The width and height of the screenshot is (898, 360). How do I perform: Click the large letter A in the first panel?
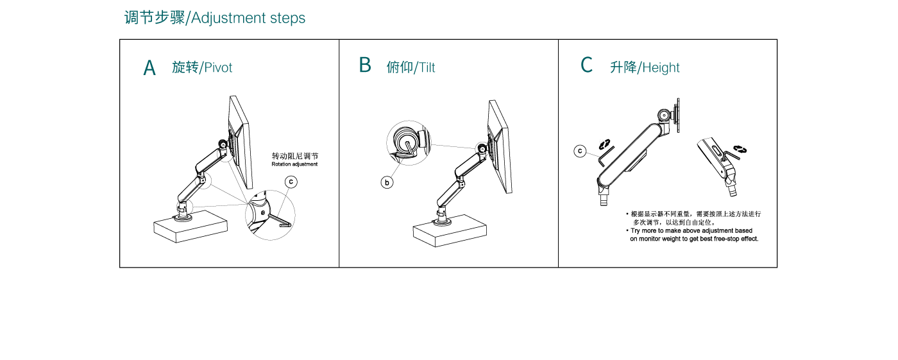149,68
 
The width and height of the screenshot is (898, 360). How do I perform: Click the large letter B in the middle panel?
365,65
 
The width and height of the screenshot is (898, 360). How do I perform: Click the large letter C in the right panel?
586,65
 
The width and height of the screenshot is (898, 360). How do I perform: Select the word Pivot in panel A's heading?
218,68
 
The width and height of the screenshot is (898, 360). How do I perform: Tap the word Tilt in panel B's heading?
427,68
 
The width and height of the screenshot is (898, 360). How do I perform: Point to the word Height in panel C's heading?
661,68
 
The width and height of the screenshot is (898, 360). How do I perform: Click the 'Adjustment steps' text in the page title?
248,18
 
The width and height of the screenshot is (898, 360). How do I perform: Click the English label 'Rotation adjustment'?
294,164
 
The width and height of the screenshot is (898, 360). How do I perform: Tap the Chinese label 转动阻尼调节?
294,156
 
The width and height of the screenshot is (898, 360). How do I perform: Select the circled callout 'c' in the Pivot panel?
291,182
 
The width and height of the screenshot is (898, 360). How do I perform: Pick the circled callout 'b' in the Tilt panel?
387,183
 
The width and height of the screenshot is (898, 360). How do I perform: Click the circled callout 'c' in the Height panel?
580,151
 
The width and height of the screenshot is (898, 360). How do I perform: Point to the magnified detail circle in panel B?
409,143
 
